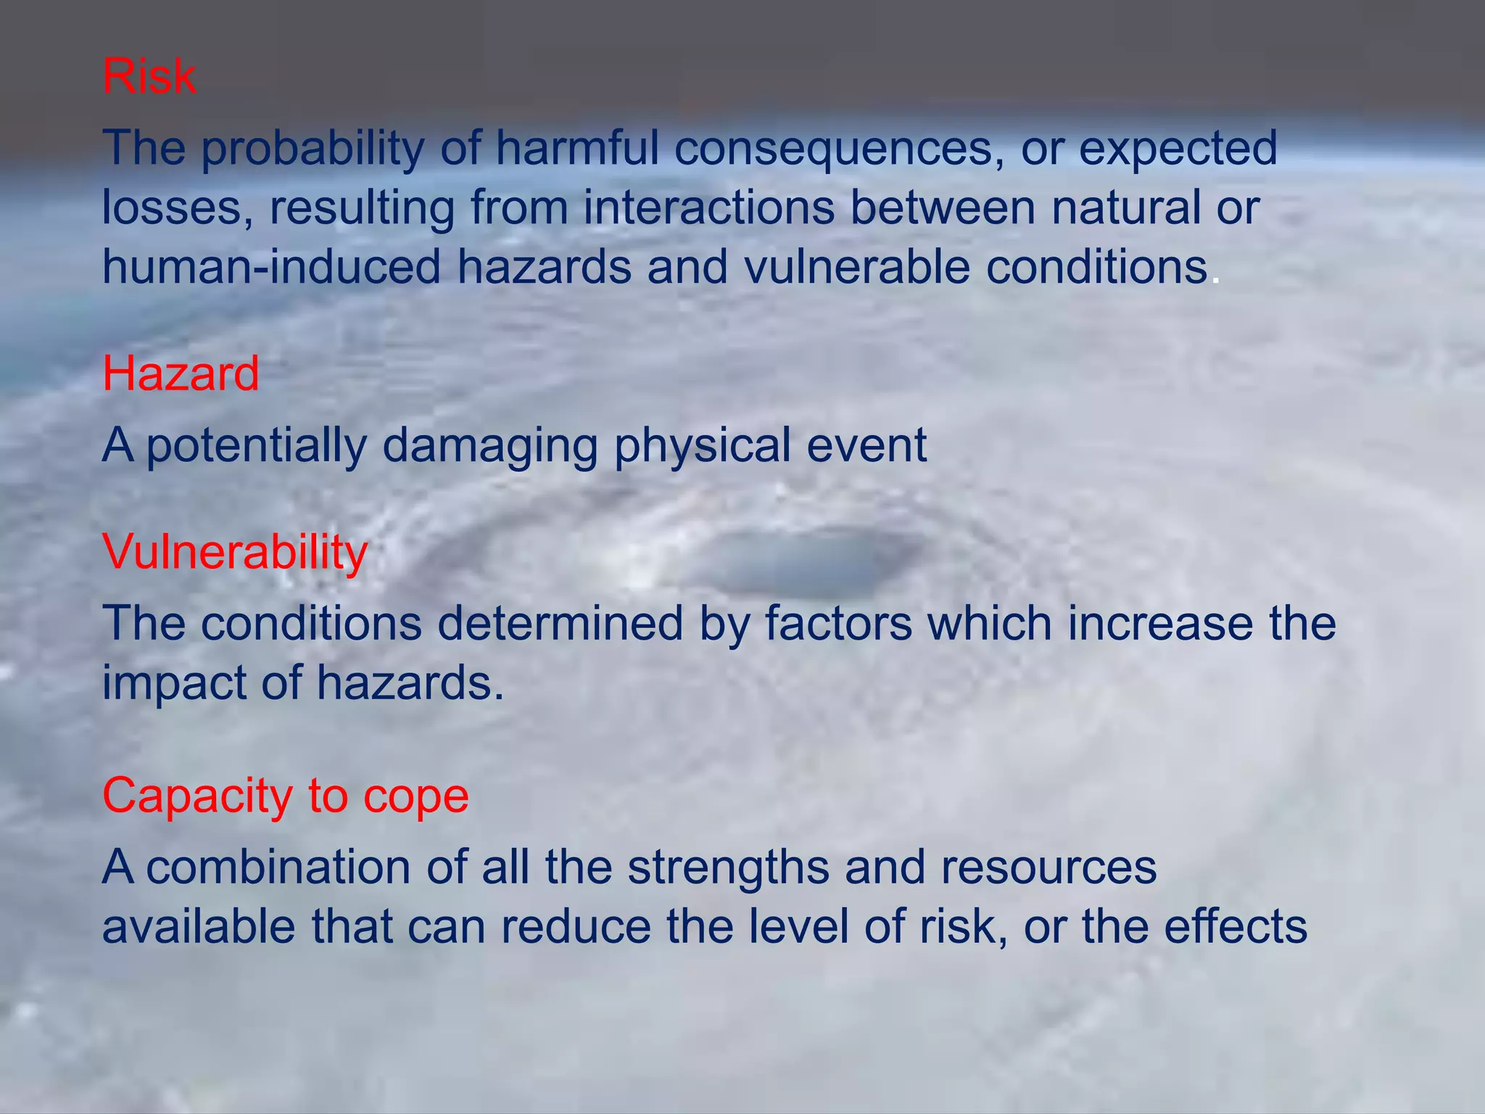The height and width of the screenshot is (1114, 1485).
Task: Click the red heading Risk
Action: click(x=149, y=75)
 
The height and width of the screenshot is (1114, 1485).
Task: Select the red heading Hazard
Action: click(x=181, y=374)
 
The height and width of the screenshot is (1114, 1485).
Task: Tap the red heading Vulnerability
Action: click(x=235, y=552)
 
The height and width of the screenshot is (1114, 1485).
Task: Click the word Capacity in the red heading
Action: click(x=197, y=796)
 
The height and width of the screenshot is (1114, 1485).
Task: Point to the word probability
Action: click(x=312, y=149)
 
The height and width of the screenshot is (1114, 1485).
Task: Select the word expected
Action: click(x=1178, y=149)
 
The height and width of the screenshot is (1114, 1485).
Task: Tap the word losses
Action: click(x=177, y=208)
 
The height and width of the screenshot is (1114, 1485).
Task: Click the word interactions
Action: click(x=709, y=208)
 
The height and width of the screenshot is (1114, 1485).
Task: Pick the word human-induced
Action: click(x=271, y=267)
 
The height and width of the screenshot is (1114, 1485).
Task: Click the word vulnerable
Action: click(x=856, y=267)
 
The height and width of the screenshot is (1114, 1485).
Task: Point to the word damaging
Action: click(x=490, y=445)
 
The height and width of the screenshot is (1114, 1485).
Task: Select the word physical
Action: click(x=702, y=445)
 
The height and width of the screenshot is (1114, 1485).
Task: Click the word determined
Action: click(x=561, y=624)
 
